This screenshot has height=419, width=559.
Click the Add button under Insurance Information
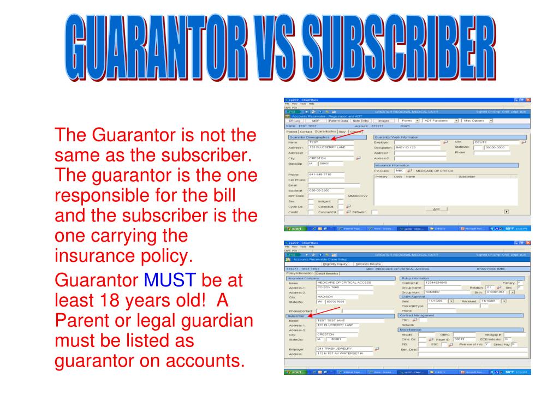point(436,209)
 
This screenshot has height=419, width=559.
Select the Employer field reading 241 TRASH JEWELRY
point(343,348)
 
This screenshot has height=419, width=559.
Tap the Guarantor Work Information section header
point(396,137)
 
